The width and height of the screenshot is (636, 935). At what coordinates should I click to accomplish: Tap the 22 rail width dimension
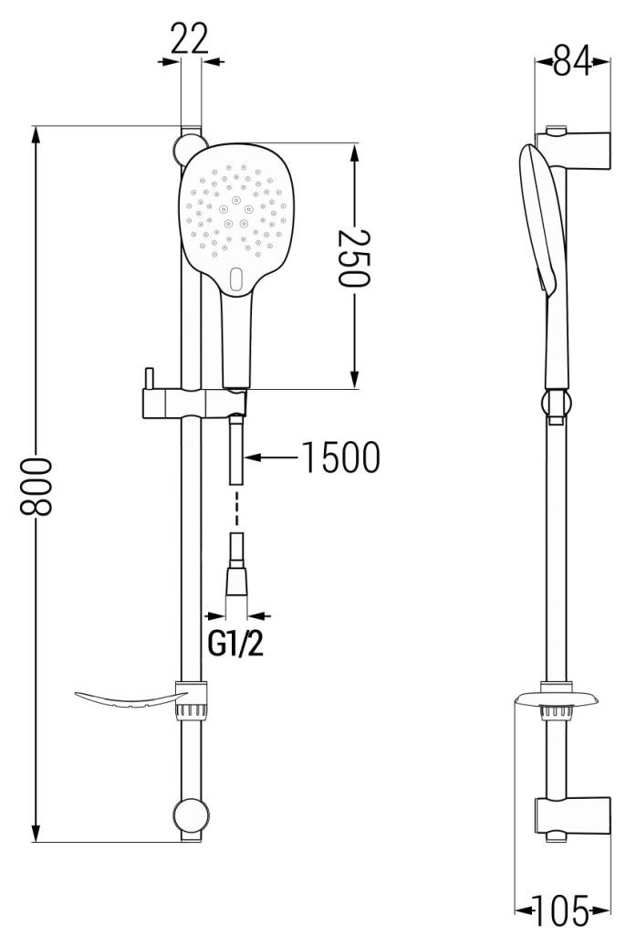pos(190,38)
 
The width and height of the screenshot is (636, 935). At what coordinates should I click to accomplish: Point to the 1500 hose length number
pos(341,457)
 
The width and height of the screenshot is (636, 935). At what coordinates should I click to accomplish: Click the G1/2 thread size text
pos(235,644)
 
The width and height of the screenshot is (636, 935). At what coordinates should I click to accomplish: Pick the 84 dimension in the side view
pos(572,60)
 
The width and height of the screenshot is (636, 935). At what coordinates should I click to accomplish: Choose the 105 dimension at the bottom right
pos(562,910)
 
